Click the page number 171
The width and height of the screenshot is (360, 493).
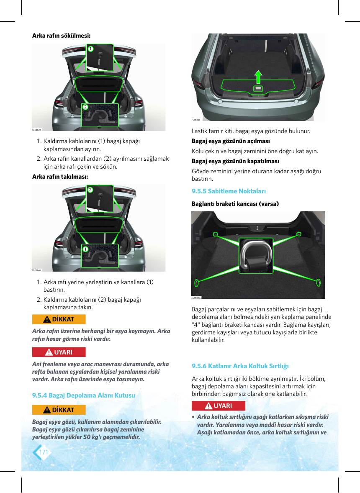pyautogui.click(x=44, y=452)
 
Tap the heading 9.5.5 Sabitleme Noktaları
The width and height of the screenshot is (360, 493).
pyautogui.click(x=229, y=191)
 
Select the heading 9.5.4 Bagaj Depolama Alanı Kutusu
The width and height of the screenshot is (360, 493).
pyautogui.click(x=84, y=395)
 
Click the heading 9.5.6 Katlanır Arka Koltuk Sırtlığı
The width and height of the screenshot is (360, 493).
pyautogui.click(x=240, y=366)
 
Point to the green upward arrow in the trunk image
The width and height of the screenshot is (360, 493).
pyautogui.click(x=258, y=77)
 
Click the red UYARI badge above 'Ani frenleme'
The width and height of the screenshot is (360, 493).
pyautogui.click(x=59, y=352)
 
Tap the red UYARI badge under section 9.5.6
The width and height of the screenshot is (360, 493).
pyautogui.click(x=219, y=406)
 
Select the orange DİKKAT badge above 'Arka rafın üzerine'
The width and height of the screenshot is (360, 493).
pyautogui.click(x=59, y=319)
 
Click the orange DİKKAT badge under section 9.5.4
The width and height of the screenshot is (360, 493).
pyautogui.click(x=59, y=410)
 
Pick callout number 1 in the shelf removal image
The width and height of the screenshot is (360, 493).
pyautogui.click(x=90, y=49)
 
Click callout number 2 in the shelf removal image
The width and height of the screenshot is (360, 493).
pyautogui.click(x=85, y=107)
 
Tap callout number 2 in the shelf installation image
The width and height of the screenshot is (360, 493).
pyautogui.click(x=90, y=190)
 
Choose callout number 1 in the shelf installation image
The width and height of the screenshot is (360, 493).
pyautogui.click(x=85, y=249)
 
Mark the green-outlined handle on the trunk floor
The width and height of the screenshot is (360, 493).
pyautogui.click(x=258, y=88)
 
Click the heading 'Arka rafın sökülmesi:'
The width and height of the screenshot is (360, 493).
pyautogui.click(x=61, y=36)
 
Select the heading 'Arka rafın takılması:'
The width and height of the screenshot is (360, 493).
pyautogui.click(x=60, y=177)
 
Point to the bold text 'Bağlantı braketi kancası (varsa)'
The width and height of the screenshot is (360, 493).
pyautogui.click(x=235, y=204)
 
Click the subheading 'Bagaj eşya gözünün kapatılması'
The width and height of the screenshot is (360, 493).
pyautogui.click(x=236, y=161)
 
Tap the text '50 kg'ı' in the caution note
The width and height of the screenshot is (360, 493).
pyautogui.click(x=94, y=437)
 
